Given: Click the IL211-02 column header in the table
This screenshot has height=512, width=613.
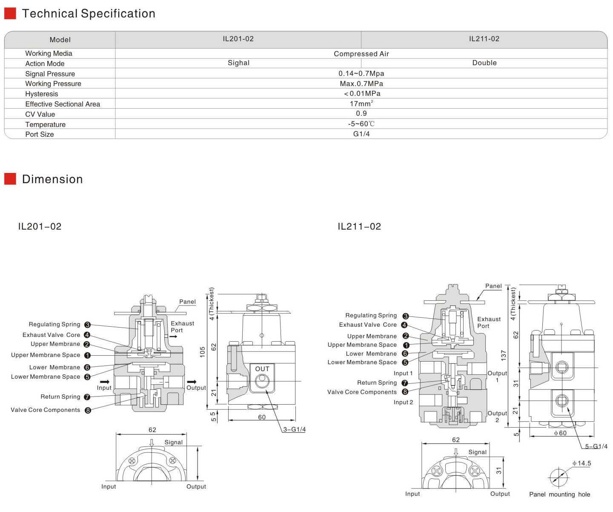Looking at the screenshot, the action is (x=484, y=39).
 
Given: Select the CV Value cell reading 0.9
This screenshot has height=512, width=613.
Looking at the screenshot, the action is (x=361, y=113).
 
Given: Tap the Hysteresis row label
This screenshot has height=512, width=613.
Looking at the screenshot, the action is (x=42, y=94).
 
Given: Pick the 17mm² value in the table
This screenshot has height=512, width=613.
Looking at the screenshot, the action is (x=361, y=104).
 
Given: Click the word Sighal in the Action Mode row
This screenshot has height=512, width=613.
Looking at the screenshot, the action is (x=238, y=63).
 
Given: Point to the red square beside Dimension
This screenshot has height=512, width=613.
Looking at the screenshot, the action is (x=10, y=179).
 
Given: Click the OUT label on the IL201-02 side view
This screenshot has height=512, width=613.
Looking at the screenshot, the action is (x=262, y=369).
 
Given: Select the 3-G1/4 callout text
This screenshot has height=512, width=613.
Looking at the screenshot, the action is (x=294, y=429).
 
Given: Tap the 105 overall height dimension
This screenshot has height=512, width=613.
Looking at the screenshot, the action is (x=202, y=352).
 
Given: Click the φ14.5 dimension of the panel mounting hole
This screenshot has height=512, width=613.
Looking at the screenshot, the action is (x=581, y=463).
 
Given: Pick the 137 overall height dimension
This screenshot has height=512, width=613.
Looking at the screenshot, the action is (x=504, y=355).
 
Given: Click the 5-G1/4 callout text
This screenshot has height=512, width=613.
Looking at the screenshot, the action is (x=596, y=446).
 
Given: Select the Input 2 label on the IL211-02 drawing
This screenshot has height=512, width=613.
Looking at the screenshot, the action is (x=403, y=402).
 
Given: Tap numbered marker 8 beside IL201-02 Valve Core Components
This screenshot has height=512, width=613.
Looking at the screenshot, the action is (x=88, y=410).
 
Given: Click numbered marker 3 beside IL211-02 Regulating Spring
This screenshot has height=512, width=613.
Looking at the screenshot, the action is (x=405, y=316).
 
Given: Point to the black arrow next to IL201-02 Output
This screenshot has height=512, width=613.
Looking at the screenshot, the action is (x=192, y=382).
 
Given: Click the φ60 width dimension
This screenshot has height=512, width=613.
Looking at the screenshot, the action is (x=560, y=433).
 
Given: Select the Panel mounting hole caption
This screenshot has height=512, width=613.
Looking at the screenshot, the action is (x=559, y=495).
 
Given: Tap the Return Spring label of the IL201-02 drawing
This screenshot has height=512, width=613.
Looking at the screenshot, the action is (x=60, y=397).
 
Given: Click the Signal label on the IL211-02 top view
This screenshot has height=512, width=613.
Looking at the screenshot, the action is (x=477, y=452).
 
